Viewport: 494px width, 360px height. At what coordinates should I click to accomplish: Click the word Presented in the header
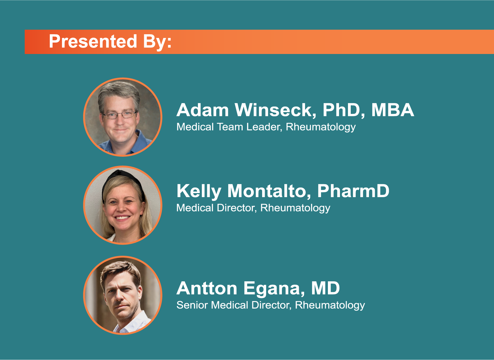93,41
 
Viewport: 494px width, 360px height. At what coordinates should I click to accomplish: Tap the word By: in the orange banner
157,42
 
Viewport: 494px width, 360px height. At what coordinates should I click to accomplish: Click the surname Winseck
275,110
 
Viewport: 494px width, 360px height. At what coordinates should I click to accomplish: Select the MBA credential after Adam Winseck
392,110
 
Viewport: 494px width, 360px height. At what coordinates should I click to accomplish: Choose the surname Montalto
269,191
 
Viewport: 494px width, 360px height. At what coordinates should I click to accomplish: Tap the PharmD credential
353,191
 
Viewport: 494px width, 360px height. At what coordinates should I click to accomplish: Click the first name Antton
207,288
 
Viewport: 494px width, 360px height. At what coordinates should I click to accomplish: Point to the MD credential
325,288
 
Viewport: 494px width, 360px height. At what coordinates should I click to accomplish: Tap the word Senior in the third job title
192,305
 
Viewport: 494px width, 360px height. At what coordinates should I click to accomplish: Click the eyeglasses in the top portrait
119,114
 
